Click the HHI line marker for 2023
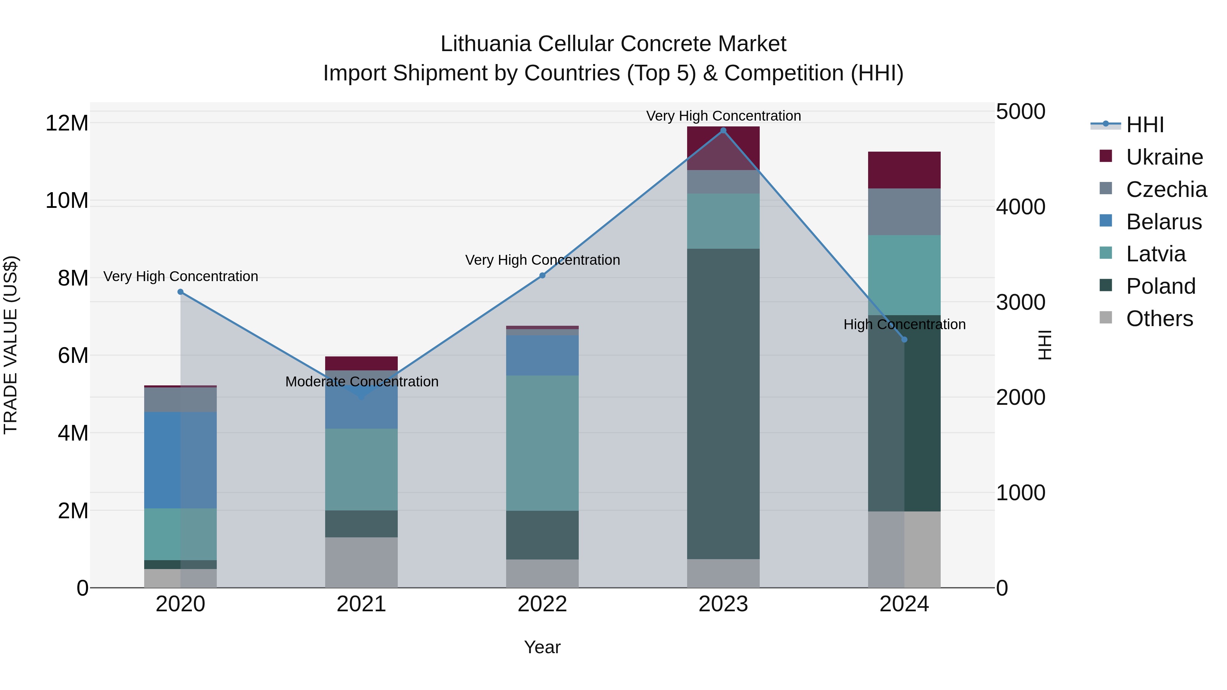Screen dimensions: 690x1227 click(x=723, y=131)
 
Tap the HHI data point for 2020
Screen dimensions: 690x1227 click(x=181, y=292)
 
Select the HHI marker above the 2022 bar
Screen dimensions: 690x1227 click(x=542, y=275)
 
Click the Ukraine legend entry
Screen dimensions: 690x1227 click(x=1164, y=157)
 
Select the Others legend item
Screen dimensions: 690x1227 click(x=1160, y=319)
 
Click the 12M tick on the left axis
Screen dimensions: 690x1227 click(x=67, y=123)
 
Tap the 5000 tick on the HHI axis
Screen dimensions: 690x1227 click(x=1021, y=111)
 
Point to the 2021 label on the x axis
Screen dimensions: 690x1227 click(x=361, y=604)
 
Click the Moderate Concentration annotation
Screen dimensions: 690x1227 click(x=362, y=382)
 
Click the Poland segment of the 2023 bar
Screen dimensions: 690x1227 click(x=723, y=403)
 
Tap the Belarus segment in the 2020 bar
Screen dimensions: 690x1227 click(x=181, y=460)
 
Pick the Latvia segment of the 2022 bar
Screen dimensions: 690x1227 click(x=542, y=443)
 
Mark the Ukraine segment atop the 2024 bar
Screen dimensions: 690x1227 click(x=904, y=170)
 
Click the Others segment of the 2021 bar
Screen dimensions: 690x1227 click(x=361, y=562)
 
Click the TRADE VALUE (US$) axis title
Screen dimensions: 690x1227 click(x=11, y=345)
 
